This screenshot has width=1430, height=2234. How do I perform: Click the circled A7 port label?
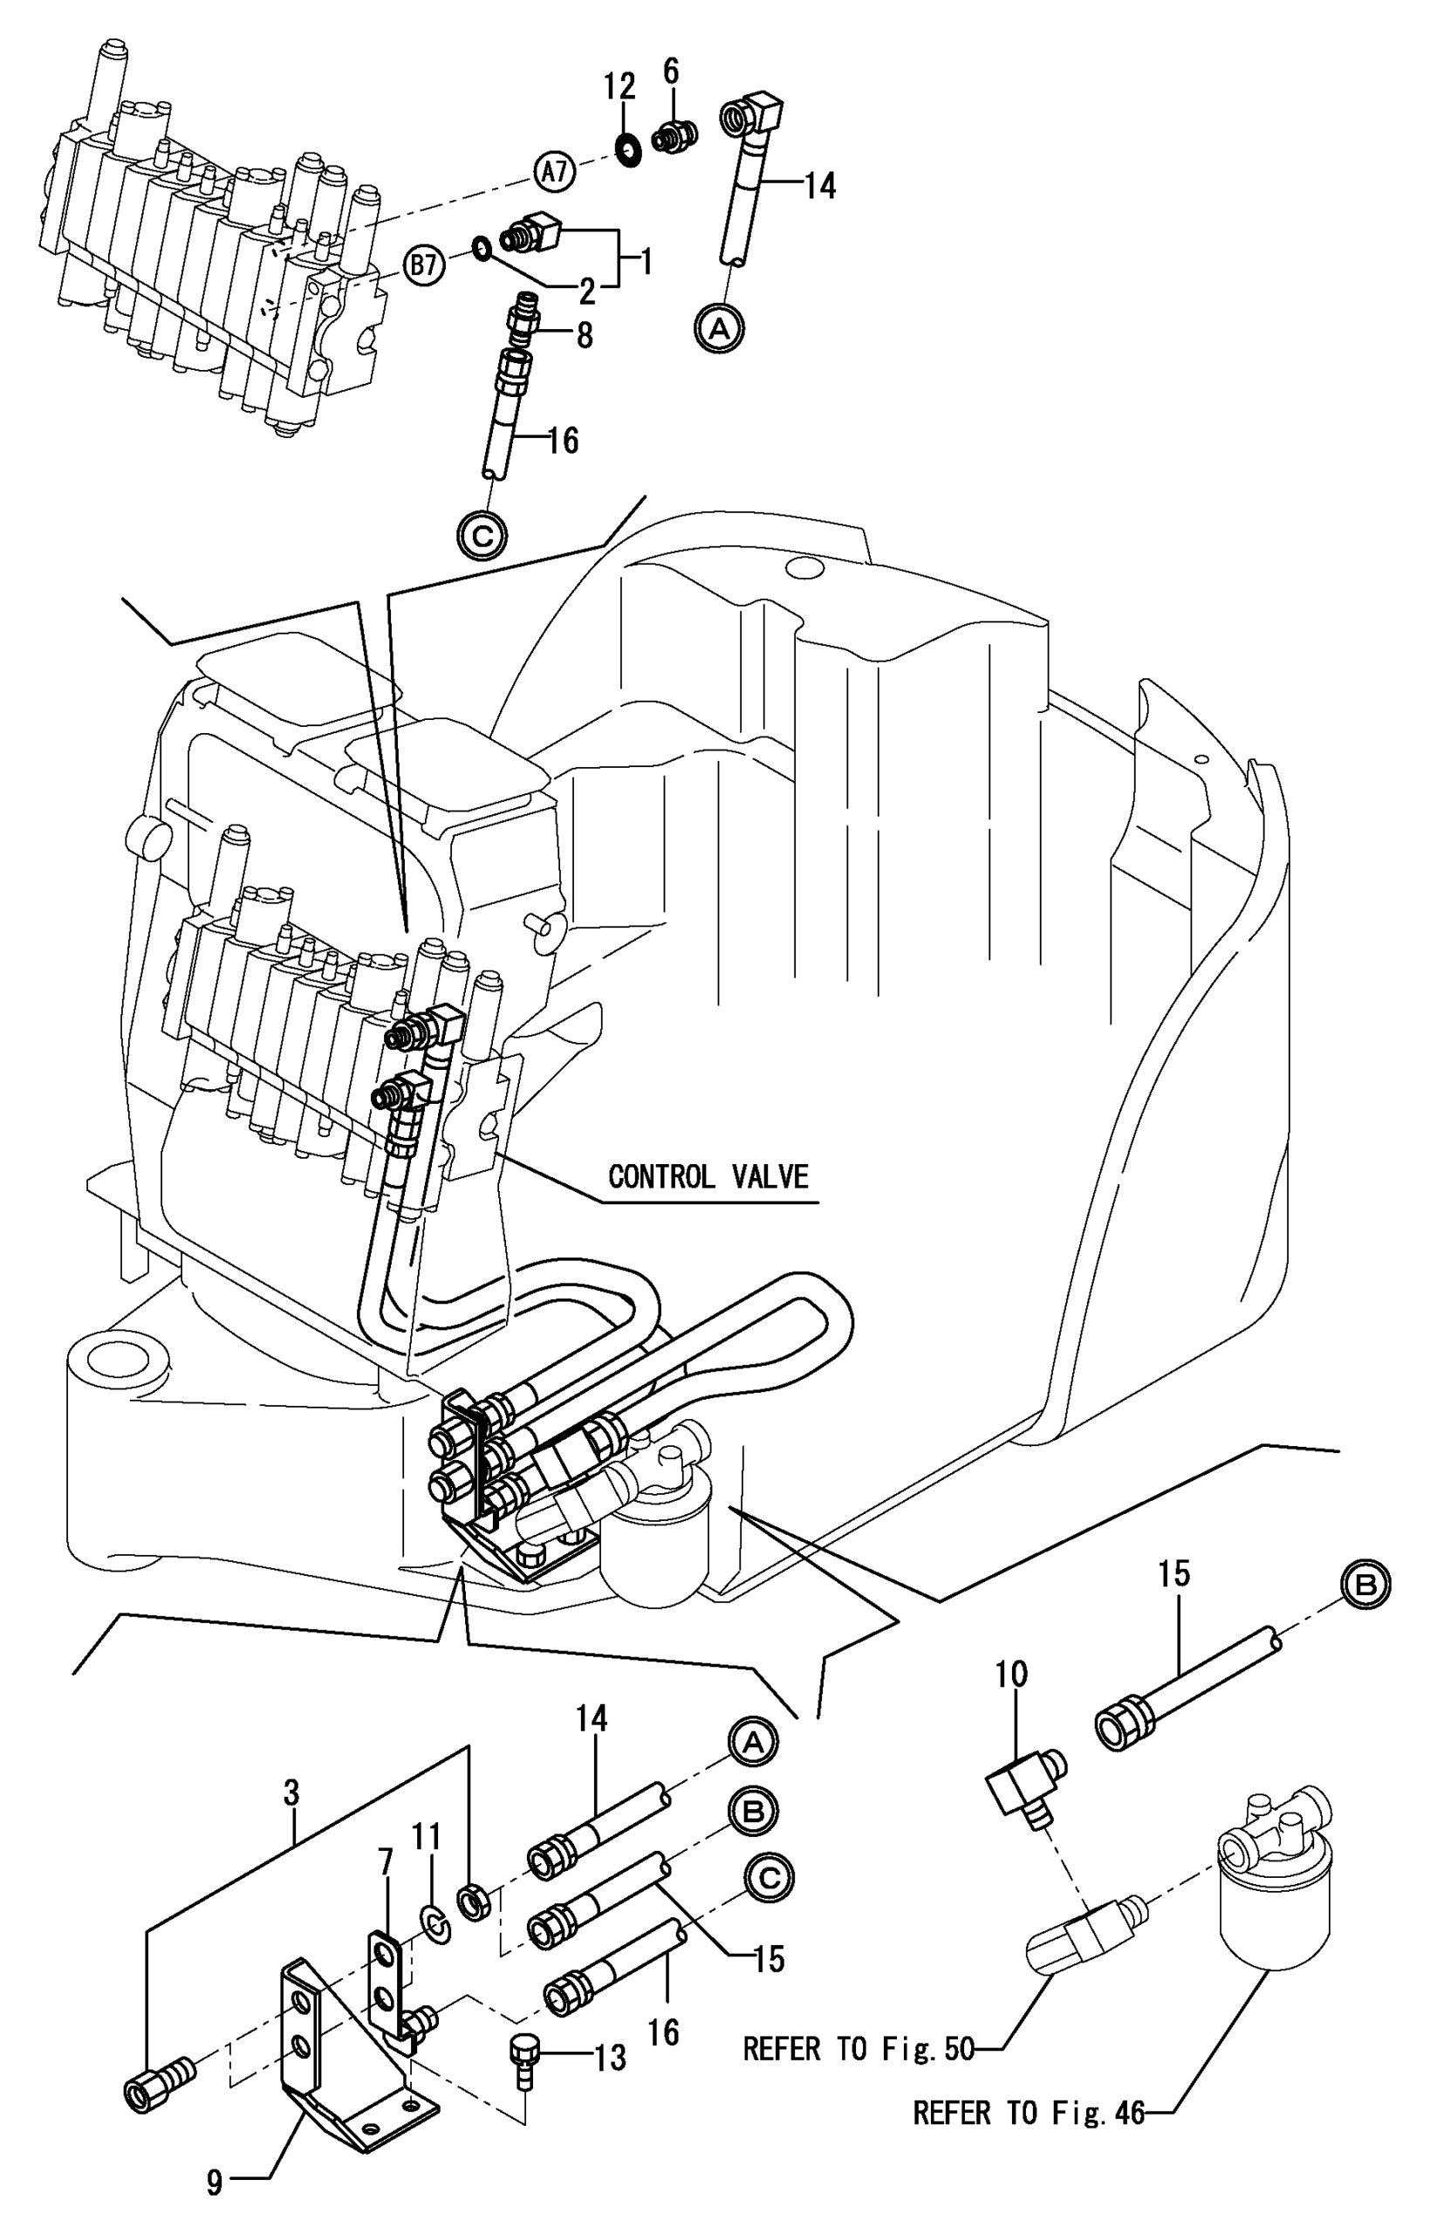pyautogui.click(x=554, y=172)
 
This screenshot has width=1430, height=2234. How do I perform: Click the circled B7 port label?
pyautogui.click(x=424, y=265)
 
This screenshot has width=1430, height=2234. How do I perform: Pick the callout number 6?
pyautogui.click(x=670, y=71)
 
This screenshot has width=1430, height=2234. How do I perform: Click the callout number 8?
pyautogui.click(x=584, y=335)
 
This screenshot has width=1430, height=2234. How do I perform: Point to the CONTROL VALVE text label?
pyautogui.click(x=708, y=1177)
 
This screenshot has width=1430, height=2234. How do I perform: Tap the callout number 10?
pyautogui.click(x=1011, y=1674)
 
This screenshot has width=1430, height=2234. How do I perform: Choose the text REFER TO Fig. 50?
pyautogui.click(x=858, y=2049)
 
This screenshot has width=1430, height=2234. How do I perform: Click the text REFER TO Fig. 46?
pyautogui.click(x=1029, y=2114)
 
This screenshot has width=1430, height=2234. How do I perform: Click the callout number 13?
pyautogui.click(x=610, y=2059)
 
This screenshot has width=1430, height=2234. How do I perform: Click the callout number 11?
pyautogui.click(x=427, y=1837)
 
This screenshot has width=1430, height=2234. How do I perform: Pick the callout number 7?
pyautogui.click(x=386, y=1861)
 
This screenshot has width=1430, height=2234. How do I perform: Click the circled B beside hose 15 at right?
pyautogui.click(x=1365, y=1585)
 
